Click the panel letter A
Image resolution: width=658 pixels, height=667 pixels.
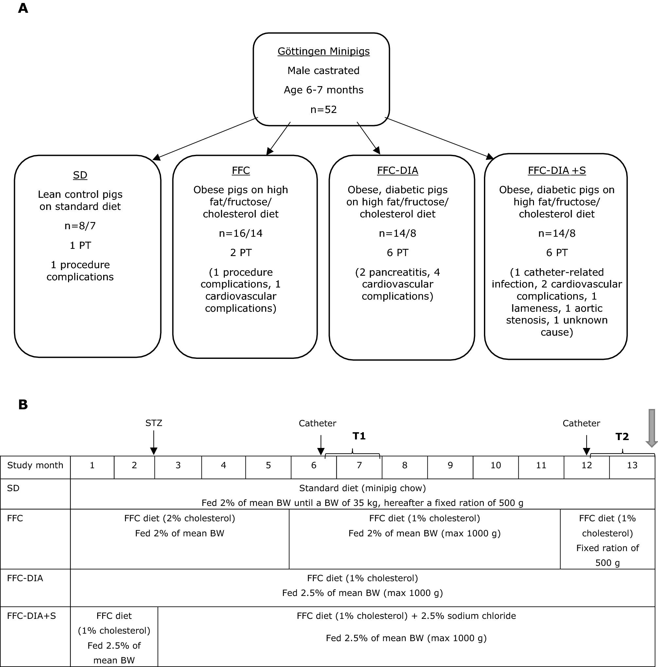23,8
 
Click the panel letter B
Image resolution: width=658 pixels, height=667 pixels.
23,404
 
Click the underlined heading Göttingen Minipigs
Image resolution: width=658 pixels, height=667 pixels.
323,51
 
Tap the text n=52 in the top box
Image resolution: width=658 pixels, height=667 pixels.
323,109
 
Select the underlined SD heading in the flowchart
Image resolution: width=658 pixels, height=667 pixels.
80,175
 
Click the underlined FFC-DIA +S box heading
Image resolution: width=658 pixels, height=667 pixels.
557,171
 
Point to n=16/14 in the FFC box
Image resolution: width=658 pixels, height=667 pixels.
240,233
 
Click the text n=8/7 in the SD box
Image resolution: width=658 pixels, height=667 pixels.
80,226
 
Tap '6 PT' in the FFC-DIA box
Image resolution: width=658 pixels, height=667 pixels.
397,253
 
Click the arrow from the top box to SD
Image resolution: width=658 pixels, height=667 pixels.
205,139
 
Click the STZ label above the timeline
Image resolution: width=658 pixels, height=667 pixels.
153,423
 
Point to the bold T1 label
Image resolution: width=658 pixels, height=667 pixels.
359,436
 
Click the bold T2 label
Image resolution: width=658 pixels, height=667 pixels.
622,437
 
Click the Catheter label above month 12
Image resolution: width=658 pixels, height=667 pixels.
581,423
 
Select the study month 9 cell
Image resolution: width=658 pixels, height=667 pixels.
450,465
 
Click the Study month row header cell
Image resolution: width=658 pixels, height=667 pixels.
35,465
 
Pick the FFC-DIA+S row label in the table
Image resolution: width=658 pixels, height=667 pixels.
31,616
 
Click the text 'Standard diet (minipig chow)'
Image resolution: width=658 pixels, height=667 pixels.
362,488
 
